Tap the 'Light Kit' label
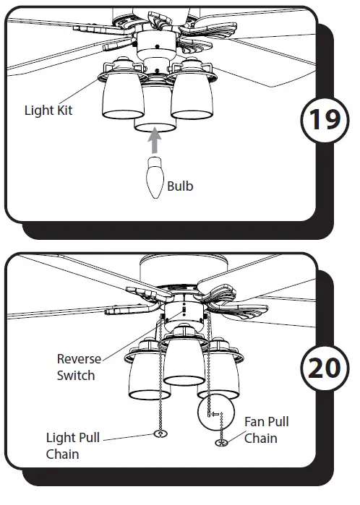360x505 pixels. pyautogui.click(x=48, y=111)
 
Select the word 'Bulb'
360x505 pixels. pyautogui.click(x=180, y=186)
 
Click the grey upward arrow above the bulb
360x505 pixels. pyautogui.click(x=155, y=139)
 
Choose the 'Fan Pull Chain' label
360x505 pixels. pyautogui.click(x=266, y=429)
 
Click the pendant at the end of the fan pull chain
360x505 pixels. pyautogui.click(x=223, y=442)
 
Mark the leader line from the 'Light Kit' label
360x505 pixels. pyautogui.click(x=89, y=102)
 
